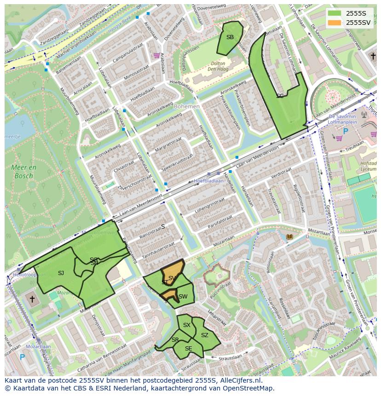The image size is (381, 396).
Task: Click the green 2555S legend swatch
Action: [335, 13]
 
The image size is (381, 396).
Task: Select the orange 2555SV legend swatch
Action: [335, 23]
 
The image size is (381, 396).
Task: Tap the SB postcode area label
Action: [230, 37]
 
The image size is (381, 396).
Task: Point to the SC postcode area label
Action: [280, 96]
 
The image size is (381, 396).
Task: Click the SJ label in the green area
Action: [61, 273]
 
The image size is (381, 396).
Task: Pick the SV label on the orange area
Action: [172, 278]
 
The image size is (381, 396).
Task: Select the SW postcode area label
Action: [183, 297]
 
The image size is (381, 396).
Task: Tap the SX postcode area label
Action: [186, 325]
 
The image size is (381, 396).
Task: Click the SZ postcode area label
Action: [205, 335]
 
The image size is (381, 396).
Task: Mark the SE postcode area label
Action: [188, 349]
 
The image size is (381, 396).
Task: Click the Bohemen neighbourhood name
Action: [187, 106]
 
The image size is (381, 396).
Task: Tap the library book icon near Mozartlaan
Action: [289, 237]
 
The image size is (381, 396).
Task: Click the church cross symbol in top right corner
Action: [373, 56]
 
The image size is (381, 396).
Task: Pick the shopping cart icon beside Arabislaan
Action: [156, 55]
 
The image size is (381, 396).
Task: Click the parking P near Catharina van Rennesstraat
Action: [22, 356]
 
